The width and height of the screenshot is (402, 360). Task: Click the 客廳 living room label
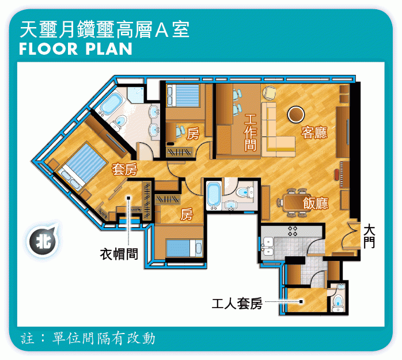coord(314,132)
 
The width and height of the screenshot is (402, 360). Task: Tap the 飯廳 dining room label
coord(316,203)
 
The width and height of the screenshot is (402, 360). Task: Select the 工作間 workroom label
coord(250,132)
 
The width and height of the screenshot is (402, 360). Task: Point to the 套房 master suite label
coord(124,169)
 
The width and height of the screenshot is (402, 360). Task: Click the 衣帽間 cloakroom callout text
coord(119,254)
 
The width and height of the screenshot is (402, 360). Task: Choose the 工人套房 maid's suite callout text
coord(237,304)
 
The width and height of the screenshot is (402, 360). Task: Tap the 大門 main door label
coord(369,236)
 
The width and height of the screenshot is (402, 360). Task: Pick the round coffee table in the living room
coord(296,115)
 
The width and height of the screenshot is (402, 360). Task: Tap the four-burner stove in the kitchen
coord(293,231)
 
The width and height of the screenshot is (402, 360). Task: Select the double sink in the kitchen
coord(268,247)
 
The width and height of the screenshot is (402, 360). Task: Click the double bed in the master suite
coord(82,166)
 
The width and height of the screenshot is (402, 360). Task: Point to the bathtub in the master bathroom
coord(111,104)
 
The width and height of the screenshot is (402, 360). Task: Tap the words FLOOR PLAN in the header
coord(75,49)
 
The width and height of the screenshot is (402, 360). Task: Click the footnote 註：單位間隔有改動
coord(88,339)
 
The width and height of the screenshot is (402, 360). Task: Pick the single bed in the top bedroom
coord(183,96)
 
